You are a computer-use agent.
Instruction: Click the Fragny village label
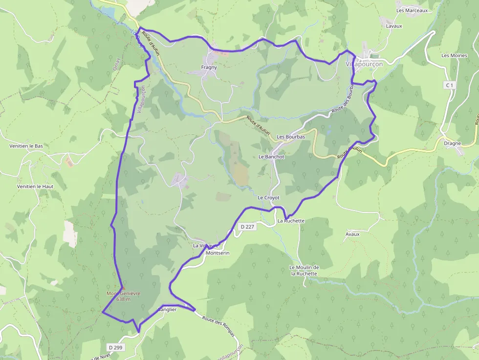coord(209,67)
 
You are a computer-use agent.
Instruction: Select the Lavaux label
coord(394,25)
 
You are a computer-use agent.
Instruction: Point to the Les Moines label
coord(454,56)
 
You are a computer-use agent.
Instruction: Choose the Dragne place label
coord(453,144)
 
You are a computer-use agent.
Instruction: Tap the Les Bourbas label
coord(291,137)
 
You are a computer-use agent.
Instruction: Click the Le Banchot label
coord(271,157)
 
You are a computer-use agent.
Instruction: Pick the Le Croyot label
coord(268,197)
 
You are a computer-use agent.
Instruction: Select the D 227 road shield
coord(248,227)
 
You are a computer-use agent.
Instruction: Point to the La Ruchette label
coord(291,221)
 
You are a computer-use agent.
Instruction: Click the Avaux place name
coord(352,234)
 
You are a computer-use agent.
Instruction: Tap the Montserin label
coord(218,253)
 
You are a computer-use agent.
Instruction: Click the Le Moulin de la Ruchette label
coord(304,271)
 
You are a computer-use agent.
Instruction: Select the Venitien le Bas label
coord(26,146)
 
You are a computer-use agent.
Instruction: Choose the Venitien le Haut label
coord(35,186)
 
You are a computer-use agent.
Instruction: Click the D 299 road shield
coord(116,347)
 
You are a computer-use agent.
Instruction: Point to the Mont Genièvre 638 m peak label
coord(124,296)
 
